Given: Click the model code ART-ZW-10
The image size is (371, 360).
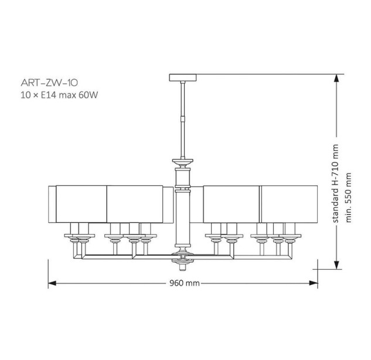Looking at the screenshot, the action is point(49,83).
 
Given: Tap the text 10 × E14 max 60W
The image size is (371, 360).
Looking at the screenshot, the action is point(59,95).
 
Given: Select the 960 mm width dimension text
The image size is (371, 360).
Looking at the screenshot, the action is point(184,283).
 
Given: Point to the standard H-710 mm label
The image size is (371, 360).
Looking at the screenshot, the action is point(336,183).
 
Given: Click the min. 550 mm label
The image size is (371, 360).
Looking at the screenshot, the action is point(348,197).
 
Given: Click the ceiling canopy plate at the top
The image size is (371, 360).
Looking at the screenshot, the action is point(183,77).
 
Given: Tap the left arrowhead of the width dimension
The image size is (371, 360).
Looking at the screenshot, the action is point(52,283).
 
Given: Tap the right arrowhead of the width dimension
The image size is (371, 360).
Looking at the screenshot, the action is point(314,283).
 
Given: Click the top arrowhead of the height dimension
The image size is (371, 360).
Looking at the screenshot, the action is point(336,78).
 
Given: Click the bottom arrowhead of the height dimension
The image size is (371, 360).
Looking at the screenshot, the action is point(336,265).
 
